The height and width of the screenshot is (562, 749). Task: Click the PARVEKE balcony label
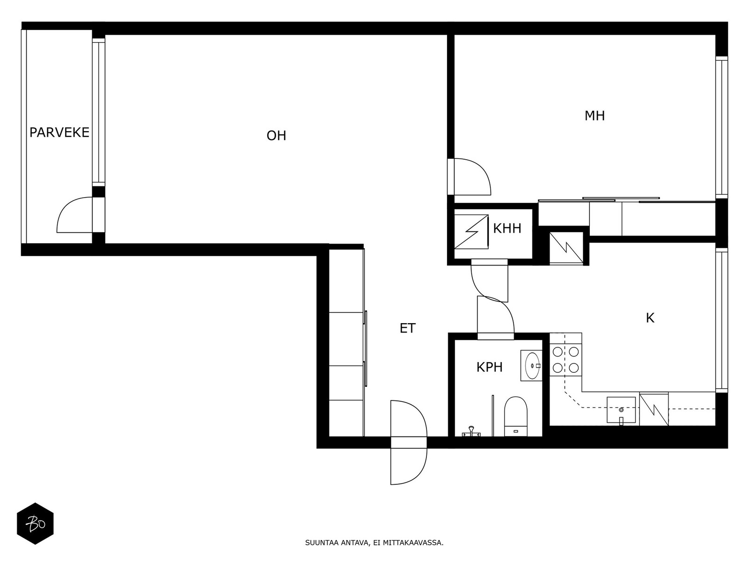point(59,133)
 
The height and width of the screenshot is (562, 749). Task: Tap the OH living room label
point(276,136)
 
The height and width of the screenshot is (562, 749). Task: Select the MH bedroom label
point(595,116)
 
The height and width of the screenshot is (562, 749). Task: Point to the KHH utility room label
point(507,228)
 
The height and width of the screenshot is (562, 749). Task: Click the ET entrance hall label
point(407,328)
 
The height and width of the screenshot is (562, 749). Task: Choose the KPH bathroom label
point(489,367)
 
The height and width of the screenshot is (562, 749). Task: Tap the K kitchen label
point(650,318)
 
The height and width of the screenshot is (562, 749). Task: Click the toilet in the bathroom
point(515,416)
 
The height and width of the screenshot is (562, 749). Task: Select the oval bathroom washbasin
point(532,365)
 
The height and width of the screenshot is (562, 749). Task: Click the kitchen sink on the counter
point(621,410)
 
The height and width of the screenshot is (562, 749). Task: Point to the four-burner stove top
point(565,360)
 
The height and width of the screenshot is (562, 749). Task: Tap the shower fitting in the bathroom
point(471,432)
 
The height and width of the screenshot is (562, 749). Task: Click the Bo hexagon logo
point(35,524)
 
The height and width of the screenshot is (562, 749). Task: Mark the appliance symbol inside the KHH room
point(471,232)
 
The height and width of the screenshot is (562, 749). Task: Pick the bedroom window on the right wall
point(721,127)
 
